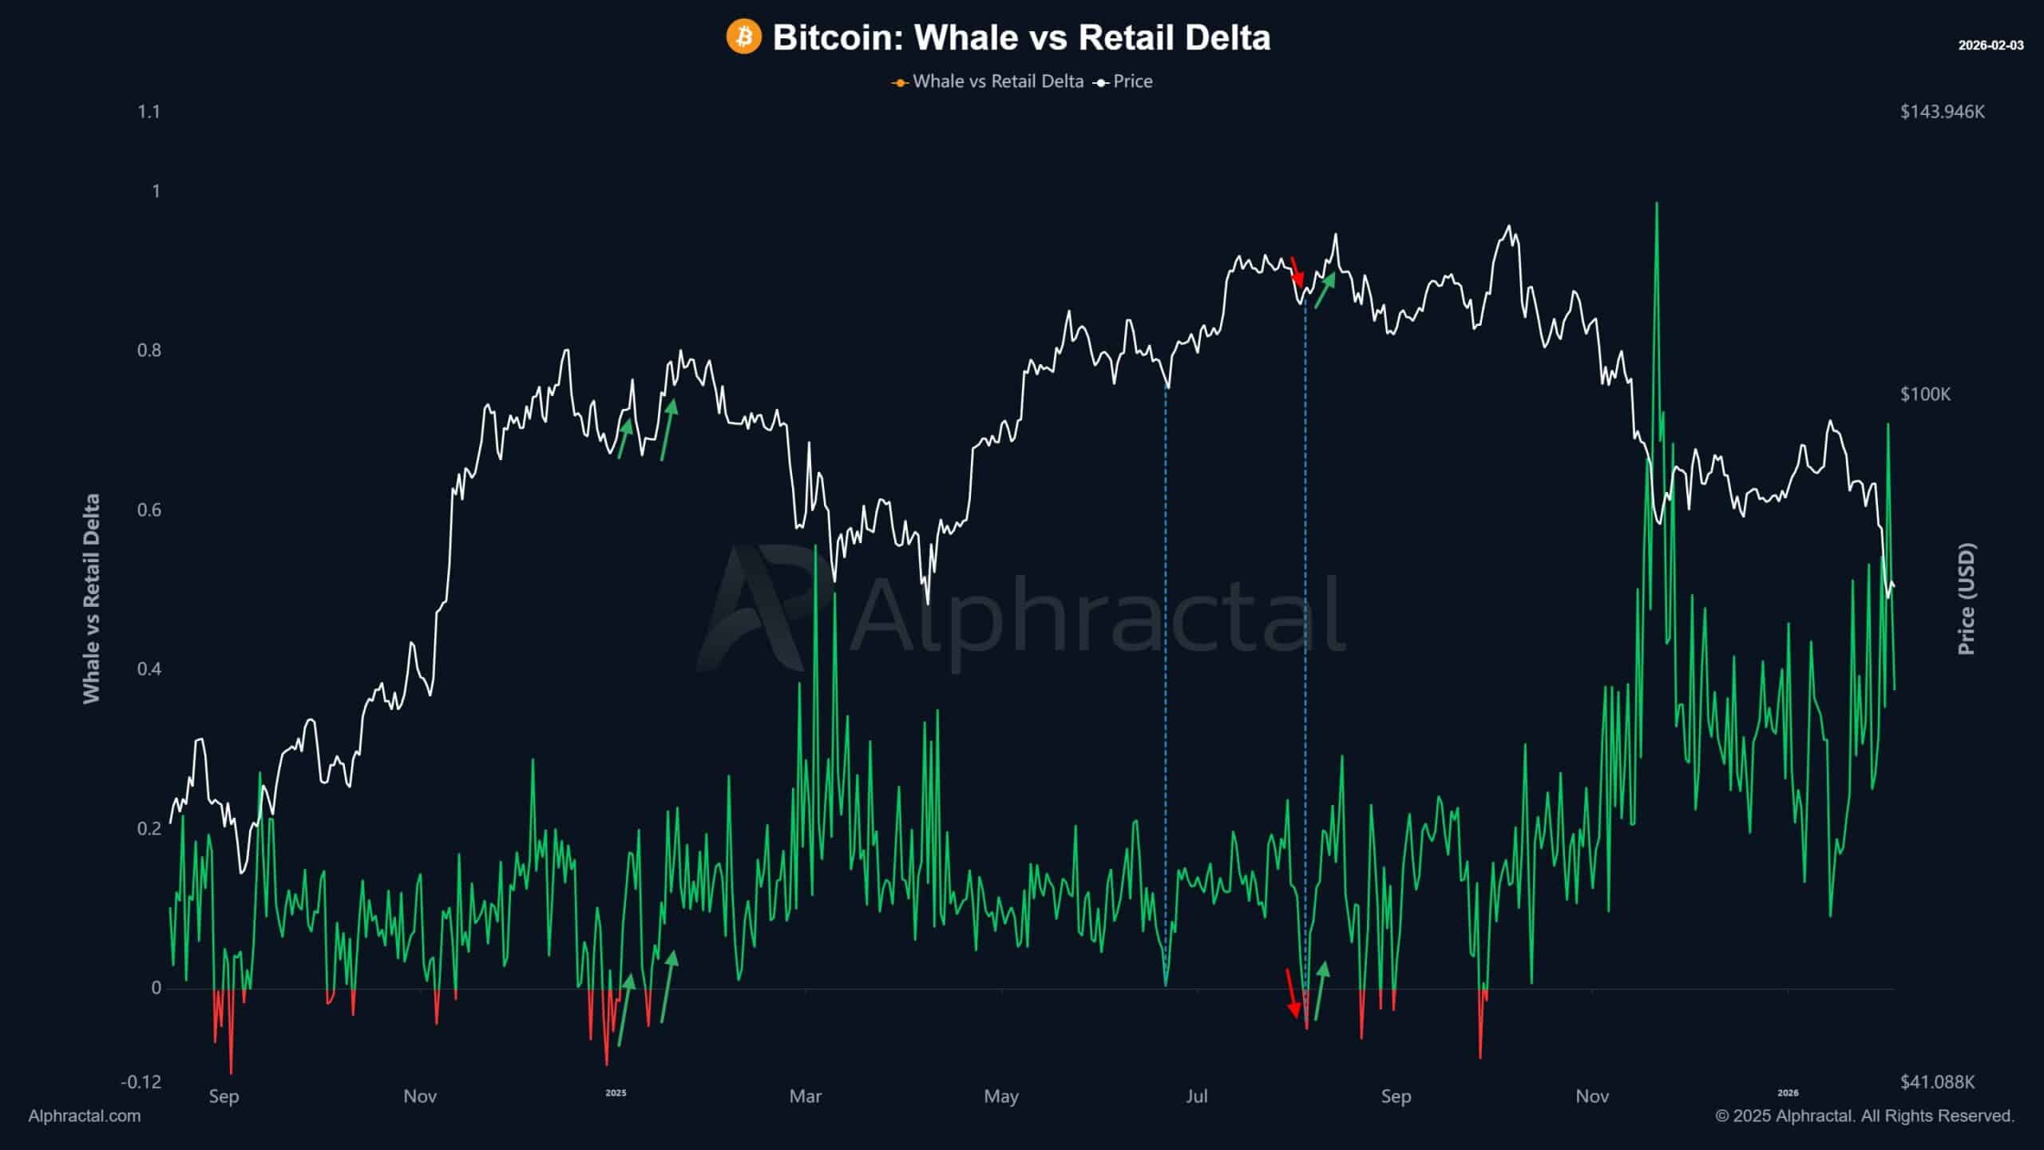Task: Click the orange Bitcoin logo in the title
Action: tap(743, 38)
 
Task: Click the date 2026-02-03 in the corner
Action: tap(1991, 46)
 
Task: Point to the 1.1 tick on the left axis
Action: tap(149, 112)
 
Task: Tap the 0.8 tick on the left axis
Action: tap(149, 351)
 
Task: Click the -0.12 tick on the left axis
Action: tap(141, 1082)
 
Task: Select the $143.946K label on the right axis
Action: tap(1942, 112)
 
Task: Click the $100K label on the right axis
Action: tap(1925, 395)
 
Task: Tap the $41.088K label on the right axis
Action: tap(1937, 1082)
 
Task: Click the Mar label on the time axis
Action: tap(805, 1096)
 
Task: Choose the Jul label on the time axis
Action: tap(1196, 1096)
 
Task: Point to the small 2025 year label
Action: tap(616, 1093)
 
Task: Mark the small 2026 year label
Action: tap(1788, 1093)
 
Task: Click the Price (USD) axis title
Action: tap(1967, 599)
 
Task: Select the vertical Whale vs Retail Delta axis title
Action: tap(92, 599)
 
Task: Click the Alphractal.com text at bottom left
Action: tap(85, 1116)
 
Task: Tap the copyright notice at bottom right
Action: tap(1864, 1116)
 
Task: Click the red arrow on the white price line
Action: tap(1297, 272)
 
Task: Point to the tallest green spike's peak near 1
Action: tap(1657, 204)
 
